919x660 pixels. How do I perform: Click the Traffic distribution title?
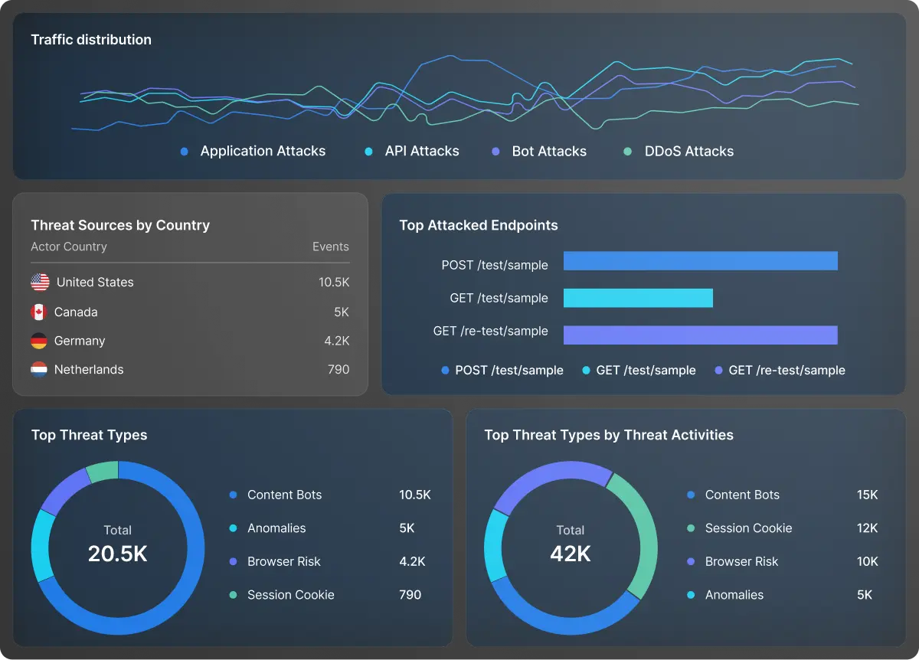coord(91,40)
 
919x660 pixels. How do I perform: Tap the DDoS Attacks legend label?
coord(688,152)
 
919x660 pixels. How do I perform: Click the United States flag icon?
coord(40,282)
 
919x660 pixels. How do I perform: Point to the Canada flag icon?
coord(39,312)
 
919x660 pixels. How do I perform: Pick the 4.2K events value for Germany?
coord(336,341)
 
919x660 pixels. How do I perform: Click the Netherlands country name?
coord(89,370)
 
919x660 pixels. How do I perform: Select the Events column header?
coord(330,247)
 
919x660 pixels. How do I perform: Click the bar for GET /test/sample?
coord(638,298)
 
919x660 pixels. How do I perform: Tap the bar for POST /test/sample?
coord(700,261)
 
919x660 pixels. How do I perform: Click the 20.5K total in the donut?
coord(117,554)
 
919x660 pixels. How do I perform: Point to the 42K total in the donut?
coord(571,554)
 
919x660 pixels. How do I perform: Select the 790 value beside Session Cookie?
coord(410,595)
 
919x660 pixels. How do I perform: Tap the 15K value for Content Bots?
coord(867,495)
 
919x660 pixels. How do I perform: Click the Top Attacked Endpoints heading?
coord(478,225)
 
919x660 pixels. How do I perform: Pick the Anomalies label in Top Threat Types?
coord(276,528)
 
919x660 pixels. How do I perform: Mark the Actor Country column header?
coord(69,247)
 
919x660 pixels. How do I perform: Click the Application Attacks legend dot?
coord(184,152)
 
